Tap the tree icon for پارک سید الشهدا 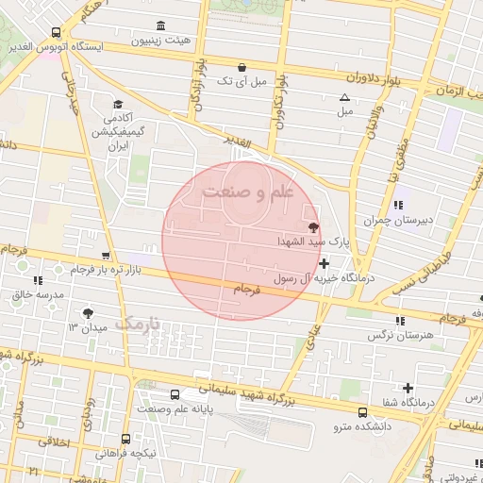pyautogui.click(x=313, y=227)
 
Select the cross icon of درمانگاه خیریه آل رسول pyautogui.click(x=325, y=264)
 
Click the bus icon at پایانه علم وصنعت pyautogui.click(x=175, y=395)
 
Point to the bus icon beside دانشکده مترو pyautogui.click(x=363, y=412)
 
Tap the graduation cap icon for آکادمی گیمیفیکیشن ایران pyautogui.click(x=119, y=105)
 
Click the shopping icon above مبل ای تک pyautogui.click(x=244, y=67)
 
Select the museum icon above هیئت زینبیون pyautogui.click(x=159, y=25)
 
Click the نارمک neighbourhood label pyautogui.click(x=139, y=323)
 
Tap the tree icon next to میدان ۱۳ pyautogui.click(x=89, y=312)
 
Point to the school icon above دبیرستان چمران pyautogui.click(x=398, y=205)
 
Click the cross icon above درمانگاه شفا pyautogui.click(x=408, y=388)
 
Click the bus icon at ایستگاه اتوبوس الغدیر pyautogui.click(x=57, y=32)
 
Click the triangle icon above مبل pyautogui.click(x=344, y=97)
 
